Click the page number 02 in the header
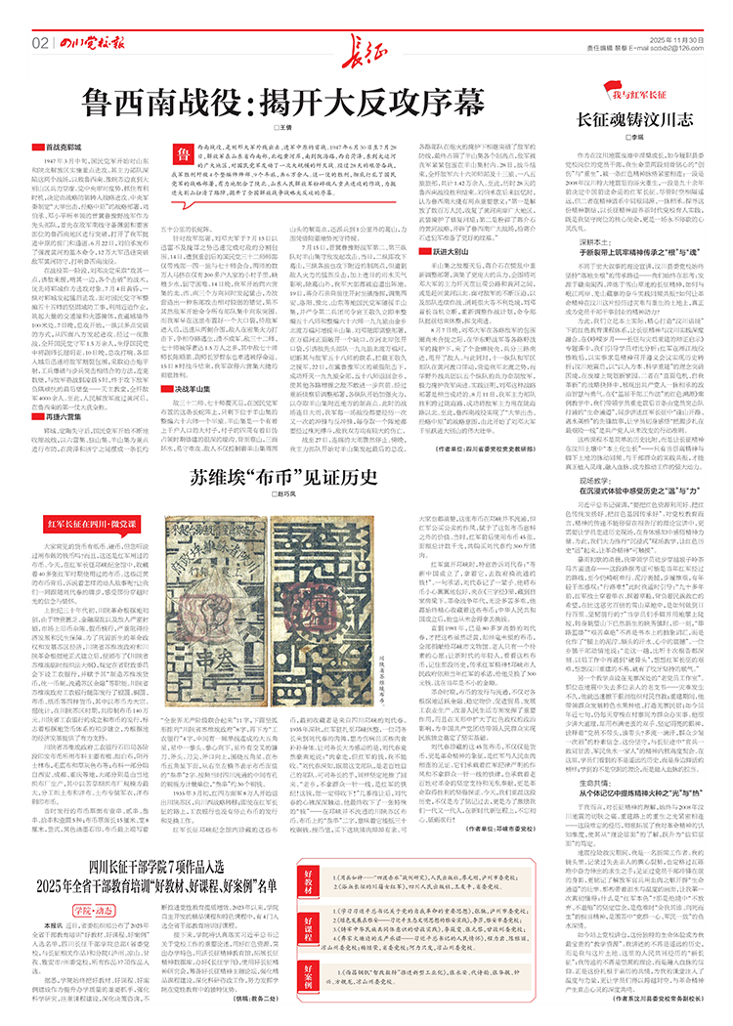[x=39, y=43]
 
